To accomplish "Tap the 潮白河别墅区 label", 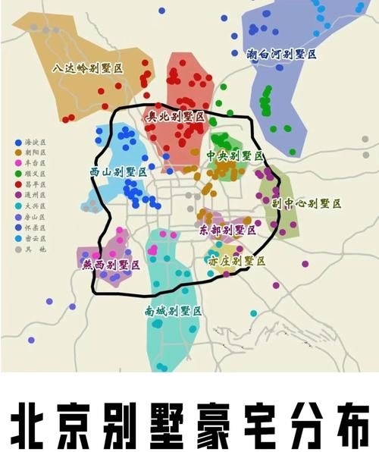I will pos(281,55).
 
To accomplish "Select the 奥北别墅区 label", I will pos(175,117).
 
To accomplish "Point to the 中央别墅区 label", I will pos(235,155).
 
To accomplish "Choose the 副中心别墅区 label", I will pos(306,203).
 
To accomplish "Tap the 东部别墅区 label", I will pos(228,229).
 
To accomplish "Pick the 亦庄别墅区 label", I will pos(236,261).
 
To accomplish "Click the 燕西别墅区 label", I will pos(111,265).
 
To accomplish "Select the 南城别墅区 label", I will pos(173,311).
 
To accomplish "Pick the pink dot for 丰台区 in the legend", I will pos(17,163).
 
